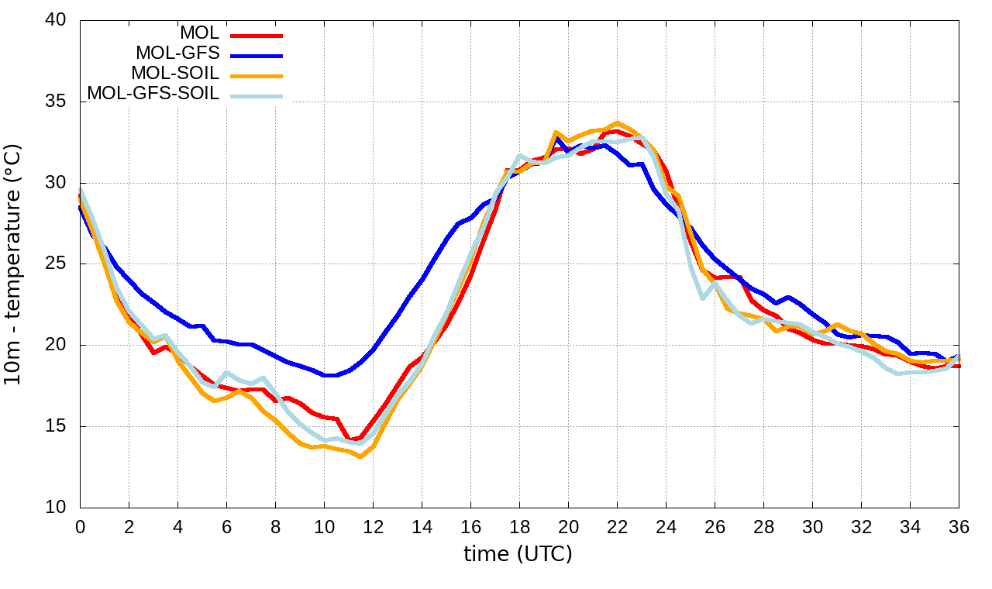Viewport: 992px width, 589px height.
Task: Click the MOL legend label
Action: pyautogui.click(x=199, y=33)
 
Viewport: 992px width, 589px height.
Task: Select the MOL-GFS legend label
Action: pyautogui.click(x=177, y=53)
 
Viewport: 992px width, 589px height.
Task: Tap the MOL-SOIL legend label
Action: pyautogui.click(x=175, y=74)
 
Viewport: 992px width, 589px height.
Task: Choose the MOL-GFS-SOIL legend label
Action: pyautogui.click(x=153, y=94)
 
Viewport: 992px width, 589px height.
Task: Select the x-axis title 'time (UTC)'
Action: pyautogui.click(x=518, y=553)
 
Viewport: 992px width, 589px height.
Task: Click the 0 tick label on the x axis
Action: pyautogui.click(x=80, y=525)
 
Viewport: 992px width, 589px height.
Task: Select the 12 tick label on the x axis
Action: pyautogui.click(x=373, y=525)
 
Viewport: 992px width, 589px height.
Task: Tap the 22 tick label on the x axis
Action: pyautogui.click(x=617, y=525)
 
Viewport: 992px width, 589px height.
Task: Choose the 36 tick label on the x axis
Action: pyautogui.click(x=959, y=525)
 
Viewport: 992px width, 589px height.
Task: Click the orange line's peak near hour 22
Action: pyautogui.click(x=617, y=122)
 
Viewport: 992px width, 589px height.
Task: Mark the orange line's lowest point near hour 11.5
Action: pyautogui.click(x=360, y=456)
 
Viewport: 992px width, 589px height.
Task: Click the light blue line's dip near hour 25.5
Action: pyautogui.click(x=703, y=298)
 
